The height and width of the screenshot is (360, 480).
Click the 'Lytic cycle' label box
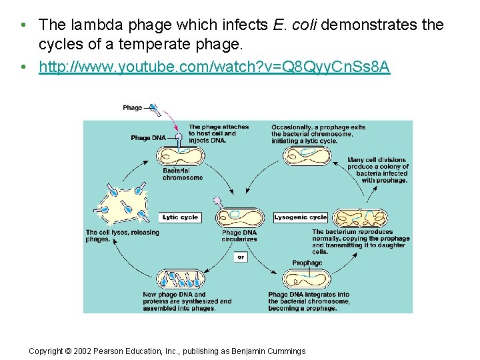click(180, 217)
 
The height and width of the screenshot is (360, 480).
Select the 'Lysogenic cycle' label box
click(301, 217)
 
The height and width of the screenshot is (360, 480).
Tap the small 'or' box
click(240, 257)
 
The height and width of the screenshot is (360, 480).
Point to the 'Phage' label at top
click(132, 108)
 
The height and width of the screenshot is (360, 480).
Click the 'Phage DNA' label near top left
click(148, 138)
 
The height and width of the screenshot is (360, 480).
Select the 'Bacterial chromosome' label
click(182, 174)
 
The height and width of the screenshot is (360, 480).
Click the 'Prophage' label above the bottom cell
click(307, 263)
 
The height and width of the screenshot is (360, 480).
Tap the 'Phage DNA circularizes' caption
click(239, 236)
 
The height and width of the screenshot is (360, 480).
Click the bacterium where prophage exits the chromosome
click(307, 155)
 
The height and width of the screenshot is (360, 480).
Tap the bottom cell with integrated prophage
click(307, 279)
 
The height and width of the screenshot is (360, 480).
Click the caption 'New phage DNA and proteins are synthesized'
click(187, 298)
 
